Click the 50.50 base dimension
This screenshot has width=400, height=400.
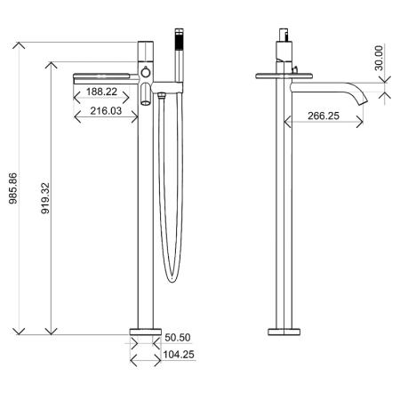point(178,338)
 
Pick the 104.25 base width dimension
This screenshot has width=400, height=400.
point(180,355)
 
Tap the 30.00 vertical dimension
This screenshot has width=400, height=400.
point(379,57)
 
